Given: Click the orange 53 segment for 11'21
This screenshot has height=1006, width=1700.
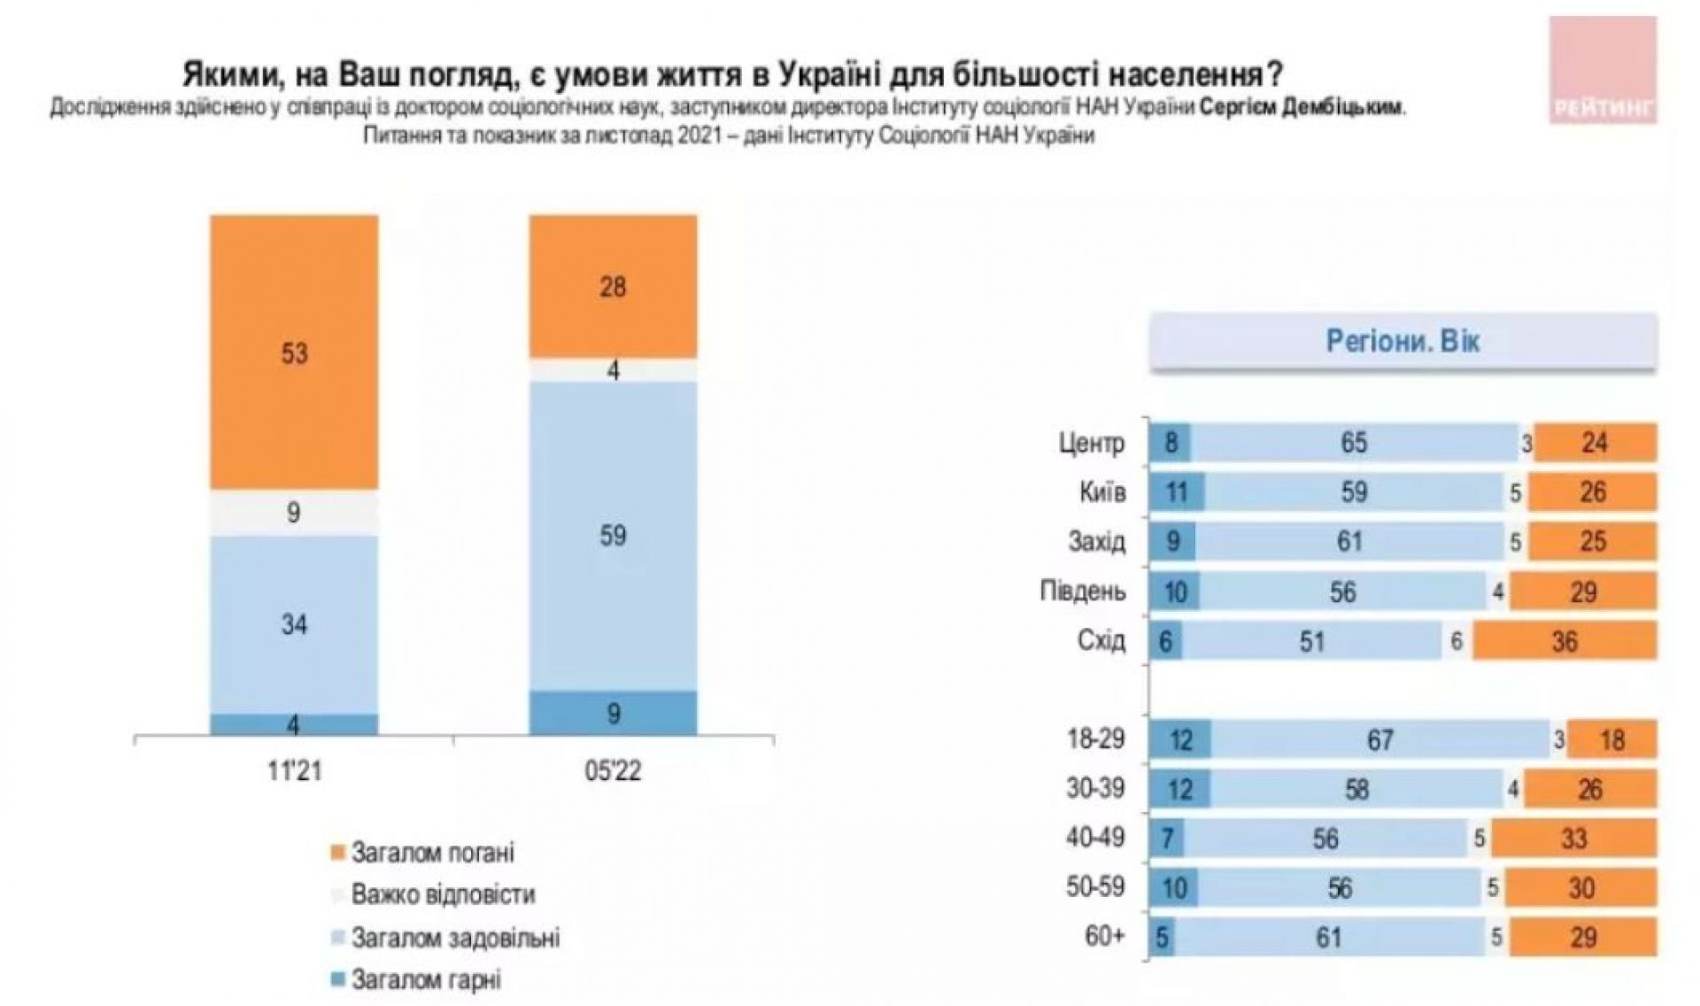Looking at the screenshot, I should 294,352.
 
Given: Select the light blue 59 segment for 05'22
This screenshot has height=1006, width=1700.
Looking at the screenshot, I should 613,535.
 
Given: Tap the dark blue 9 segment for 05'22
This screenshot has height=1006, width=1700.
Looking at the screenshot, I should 613,713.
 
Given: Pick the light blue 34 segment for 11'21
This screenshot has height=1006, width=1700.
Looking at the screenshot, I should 294,624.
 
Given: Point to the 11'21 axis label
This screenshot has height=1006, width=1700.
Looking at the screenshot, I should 294,770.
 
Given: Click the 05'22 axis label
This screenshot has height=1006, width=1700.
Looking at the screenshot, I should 613,770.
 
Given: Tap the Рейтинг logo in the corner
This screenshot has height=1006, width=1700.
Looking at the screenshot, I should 1602,71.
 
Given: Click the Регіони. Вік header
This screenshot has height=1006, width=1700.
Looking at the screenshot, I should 1402,342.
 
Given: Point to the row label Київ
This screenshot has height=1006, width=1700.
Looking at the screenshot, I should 1102,492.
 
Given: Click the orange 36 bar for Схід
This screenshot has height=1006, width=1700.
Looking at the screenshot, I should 1565,641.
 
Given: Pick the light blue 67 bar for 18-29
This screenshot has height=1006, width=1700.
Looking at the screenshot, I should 1379,739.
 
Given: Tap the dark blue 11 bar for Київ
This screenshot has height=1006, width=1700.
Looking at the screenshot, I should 1176,492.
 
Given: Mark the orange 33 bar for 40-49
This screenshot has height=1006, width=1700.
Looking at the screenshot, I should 1572,839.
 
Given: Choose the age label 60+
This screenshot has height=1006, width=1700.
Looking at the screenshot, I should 1104,937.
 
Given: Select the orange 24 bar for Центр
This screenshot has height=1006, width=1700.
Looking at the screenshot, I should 1595,443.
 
